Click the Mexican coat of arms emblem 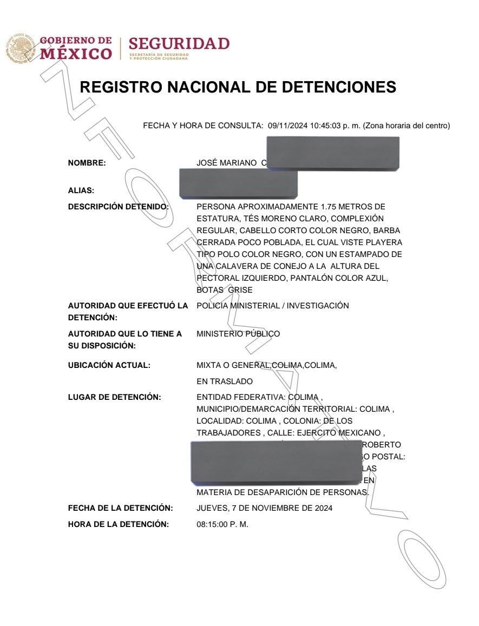pos(19,48)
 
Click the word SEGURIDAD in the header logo pos(179,43)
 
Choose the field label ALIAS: pos(81,190)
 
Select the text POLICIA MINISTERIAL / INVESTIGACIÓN pos(272,306)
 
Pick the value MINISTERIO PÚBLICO pos(238,334)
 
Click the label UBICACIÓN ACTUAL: pos(109,365)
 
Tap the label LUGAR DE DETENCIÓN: pos(114,398)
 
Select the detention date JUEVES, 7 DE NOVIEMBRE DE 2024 pos(264,508)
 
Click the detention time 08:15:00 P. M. pos(222,524)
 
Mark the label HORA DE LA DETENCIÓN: pos(118,524)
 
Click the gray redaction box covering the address pos(276,461)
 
